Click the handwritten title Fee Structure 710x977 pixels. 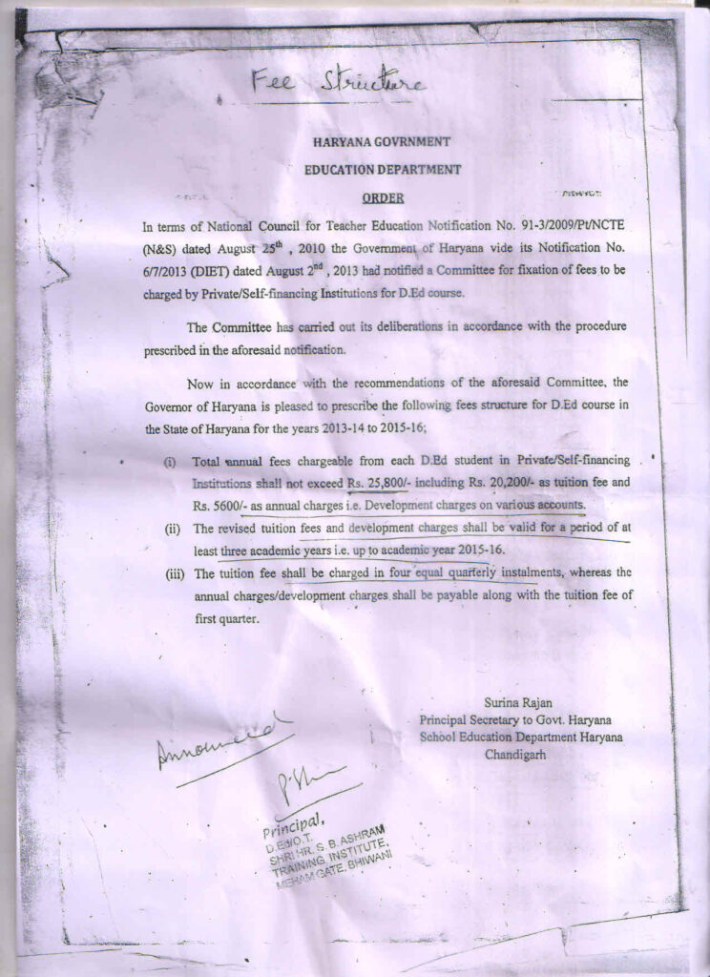pyautogui.click(x=336, y=84)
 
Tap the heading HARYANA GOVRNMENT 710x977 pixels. pyautogui.click(x=382, y=142)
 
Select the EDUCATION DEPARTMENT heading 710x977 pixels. pyautogui.click(x=382, y=170)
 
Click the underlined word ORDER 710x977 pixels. pyautogui.click(x=383, y=198)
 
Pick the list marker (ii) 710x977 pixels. pyautogui.click(x=170, y=528)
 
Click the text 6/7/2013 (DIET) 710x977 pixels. pyautogui.click(x=189, y=271)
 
